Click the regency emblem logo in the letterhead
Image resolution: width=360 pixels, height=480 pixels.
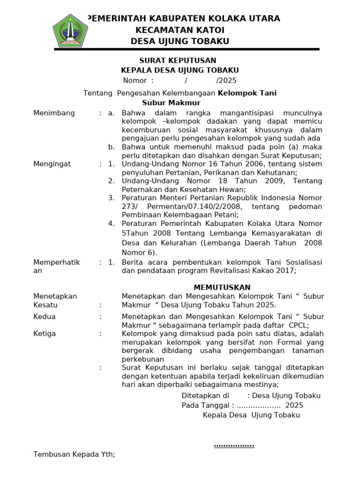pyautogui.click(x=70, y=30)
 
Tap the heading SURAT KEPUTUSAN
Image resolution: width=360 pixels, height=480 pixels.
pyautogui.click(x=178, y=60)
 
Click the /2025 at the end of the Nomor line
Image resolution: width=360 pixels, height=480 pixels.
pyautogui.click(x=226, y=80)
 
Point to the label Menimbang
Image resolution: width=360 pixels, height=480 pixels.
pyautogui.click(x=54, y=113)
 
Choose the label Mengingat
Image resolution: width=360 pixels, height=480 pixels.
pyautogui.click(x=52, y=164)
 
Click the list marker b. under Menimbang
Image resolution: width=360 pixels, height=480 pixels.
pyautogui.click(x=111, y=147)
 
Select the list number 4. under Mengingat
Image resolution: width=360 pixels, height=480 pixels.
pyautogui.click(x=111, y=224)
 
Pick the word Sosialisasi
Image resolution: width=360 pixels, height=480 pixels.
pyautogui.click(x=302, y=262)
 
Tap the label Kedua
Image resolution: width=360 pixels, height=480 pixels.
pyautogui.click(x=45, y=317)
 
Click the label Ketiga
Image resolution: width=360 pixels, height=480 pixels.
pyautogui.click(x=45, y=334)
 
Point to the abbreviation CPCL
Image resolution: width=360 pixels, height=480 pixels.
pyautogui.click(x=297, y=325)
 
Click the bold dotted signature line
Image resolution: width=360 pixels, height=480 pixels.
pyautogui.click(x=234, y=445)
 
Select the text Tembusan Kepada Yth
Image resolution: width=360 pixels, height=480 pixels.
pyautogui.click(x=74, y=454)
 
